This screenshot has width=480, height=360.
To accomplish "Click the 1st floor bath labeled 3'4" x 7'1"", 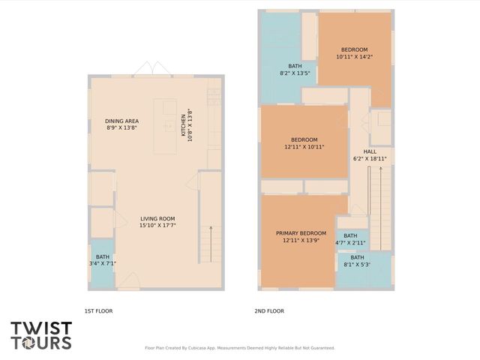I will click(102, 259).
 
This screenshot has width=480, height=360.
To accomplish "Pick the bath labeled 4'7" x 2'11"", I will click(351, 239).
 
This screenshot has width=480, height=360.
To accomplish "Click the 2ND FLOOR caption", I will click(270, 310).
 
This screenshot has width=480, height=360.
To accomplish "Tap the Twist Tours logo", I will click(42, 334).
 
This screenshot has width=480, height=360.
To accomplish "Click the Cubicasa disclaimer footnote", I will click(240, 348).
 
